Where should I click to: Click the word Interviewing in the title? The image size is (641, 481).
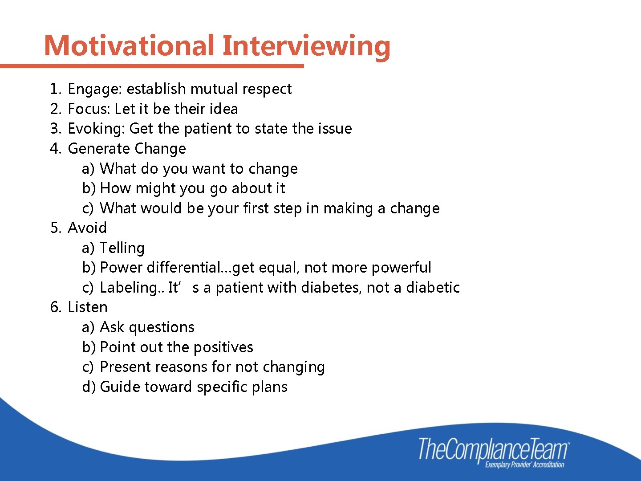(306, 45)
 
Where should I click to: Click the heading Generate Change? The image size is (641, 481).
(127, 148)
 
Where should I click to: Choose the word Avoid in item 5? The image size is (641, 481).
(87, 228)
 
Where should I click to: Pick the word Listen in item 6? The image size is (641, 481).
(88, 307)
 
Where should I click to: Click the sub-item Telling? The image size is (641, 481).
(122, 248)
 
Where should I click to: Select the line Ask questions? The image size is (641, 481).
(147, 327)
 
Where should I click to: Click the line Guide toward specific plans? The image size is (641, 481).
(194, 387)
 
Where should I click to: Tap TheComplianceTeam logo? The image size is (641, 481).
(493, 449)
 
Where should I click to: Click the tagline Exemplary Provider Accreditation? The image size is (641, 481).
(524, 465)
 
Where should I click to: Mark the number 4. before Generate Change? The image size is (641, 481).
(55, 148)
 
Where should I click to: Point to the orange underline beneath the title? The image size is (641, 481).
(151, 66)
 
